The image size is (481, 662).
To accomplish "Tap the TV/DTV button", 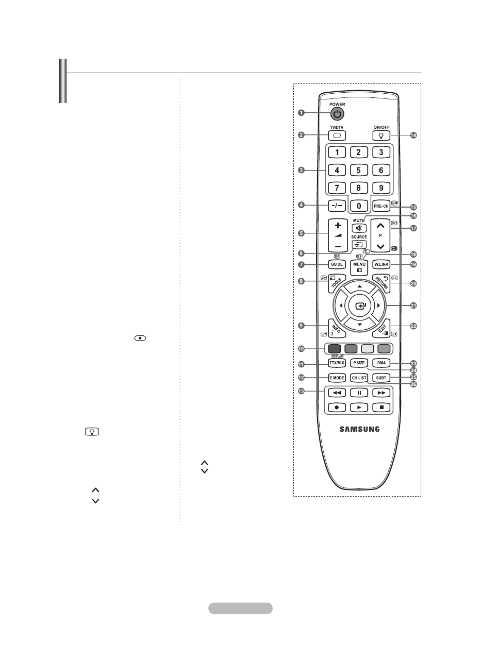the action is (337, 135).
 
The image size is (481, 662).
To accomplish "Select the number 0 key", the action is (359, 205).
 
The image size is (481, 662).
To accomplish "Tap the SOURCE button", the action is (359, 245).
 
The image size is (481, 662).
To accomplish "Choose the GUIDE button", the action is (337, 264).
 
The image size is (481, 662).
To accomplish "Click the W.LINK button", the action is (382, 264).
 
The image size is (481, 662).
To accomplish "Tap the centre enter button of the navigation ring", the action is (359, 305).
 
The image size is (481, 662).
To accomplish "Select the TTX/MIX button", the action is (337, 363).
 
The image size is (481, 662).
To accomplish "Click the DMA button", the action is (382, 363).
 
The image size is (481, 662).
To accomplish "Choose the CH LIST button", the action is (359, 378).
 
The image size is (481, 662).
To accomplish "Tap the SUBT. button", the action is (382, 378).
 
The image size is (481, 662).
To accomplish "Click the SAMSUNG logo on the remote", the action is (359, 428).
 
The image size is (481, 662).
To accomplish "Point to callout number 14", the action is (413, 135).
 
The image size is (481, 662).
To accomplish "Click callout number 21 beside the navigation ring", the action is (413, 305).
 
